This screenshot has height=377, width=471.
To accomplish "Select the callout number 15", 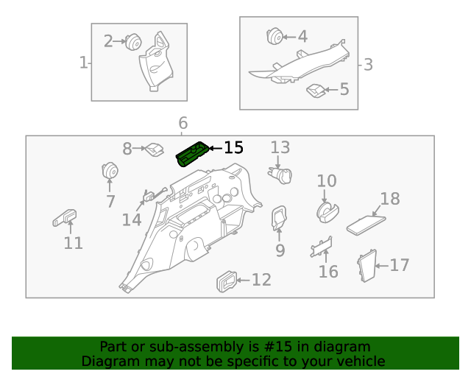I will (233, 148).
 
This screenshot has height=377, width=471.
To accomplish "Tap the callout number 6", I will (183, 123).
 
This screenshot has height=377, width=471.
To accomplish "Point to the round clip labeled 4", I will (274, 36).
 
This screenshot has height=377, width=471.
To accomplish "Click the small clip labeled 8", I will (154, 149).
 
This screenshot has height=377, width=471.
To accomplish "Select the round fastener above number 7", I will (110, 171).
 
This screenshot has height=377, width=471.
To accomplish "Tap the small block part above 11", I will (65, 217).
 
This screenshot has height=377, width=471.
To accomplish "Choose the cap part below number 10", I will (327, 211).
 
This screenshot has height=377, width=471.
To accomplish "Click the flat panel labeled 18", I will (366, 224).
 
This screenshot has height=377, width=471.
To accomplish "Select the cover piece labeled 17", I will (366, 266).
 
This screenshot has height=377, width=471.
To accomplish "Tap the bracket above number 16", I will (322, 247).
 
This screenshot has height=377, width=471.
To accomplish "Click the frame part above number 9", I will (280, 216).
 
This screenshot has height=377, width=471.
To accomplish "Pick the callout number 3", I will (368, 65).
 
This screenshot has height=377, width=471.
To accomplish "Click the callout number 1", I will (83, 63).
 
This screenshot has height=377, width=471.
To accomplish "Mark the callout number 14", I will (132, 219).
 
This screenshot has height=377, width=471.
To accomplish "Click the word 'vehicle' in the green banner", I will (357, 361).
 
